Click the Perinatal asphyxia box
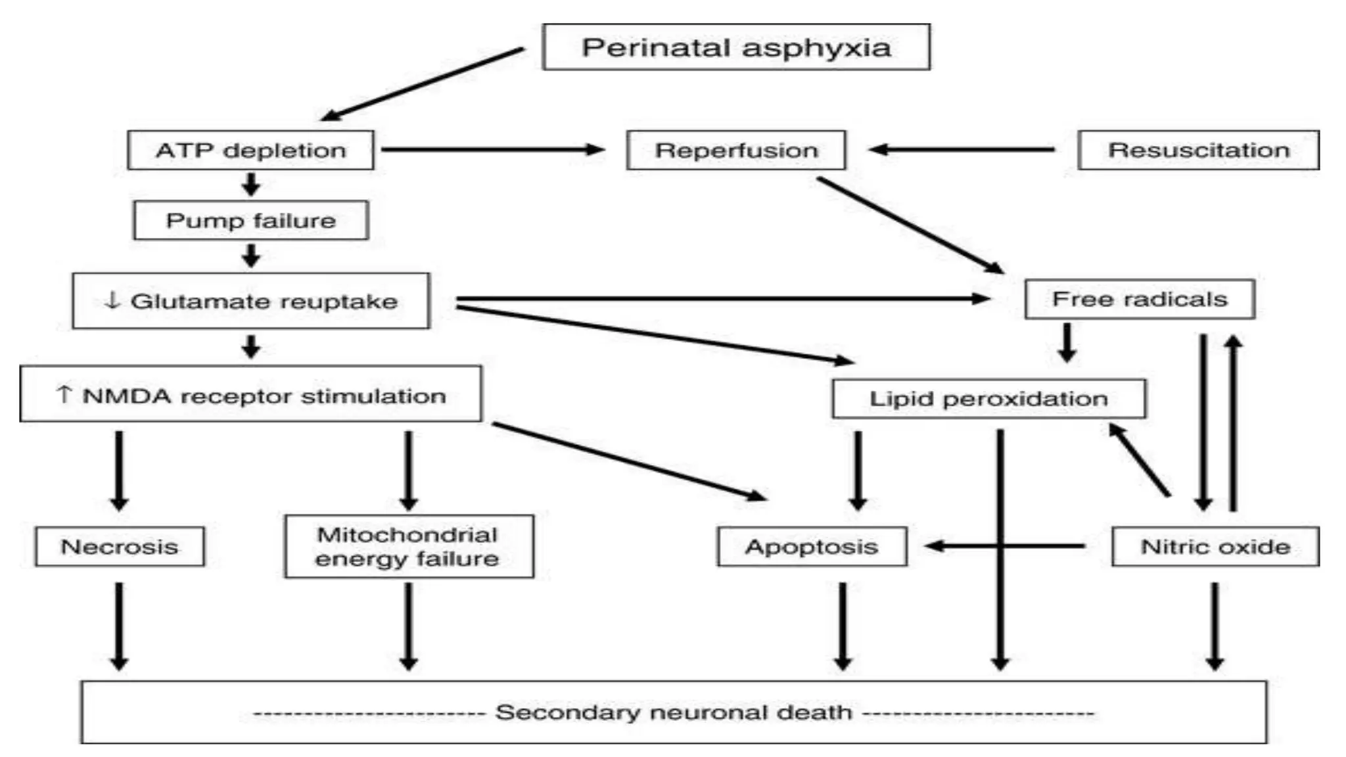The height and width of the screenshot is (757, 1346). pyautogui.click(x=736, y=47)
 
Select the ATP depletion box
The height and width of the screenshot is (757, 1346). pyautogui.click(x=250, y=150)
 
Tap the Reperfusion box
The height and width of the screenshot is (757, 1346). pyautogui.click(x=736, y=150)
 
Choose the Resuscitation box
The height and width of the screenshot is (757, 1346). pyautogui.click(x=1198, y=150)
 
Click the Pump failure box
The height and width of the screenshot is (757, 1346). pyautogui.click(x=250, y=220)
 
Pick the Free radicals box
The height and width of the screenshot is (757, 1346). pyautogui.click(x=1139, y=299)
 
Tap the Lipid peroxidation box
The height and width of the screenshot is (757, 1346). pyautogui.click(x=988, y=398)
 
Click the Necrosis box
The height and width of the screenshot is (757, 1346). pyautogui.click(x=120, y=546)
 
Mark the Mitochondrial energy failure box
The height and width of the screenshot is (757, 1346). pyautogui.click(x=408, y=546)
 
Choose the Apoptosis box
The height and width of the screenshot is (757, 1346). pyautogui.click(x=812, y=546)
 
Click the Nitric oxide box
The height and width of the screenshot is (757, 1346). pyautogui.click(x=1215, y=546)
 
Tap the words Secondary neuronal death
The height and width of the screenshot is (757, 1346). pyautogui.click(x=674, y=712)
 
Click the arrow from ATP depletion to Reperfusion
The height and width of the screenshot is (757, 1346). pyautogui.click(x=493, y=150)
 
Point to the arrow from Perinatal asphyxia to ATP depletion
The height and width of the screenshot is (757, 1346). pyautogui.click(x=423, y=83)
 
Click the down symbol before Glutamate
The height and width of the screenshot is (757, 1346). pyautogui.click(x=112, y=300)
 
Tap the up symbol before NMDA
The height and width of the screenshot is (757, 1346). pyautogui.click(x=64, y=394)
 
